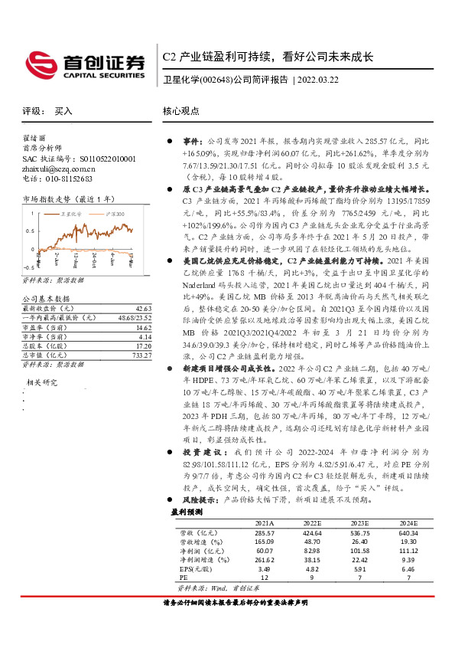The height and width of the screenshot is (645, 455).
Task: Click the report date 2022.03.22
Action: tap(321, 79)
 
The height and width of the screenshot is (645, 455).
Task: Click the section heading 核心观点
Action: tap(182, 111)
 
